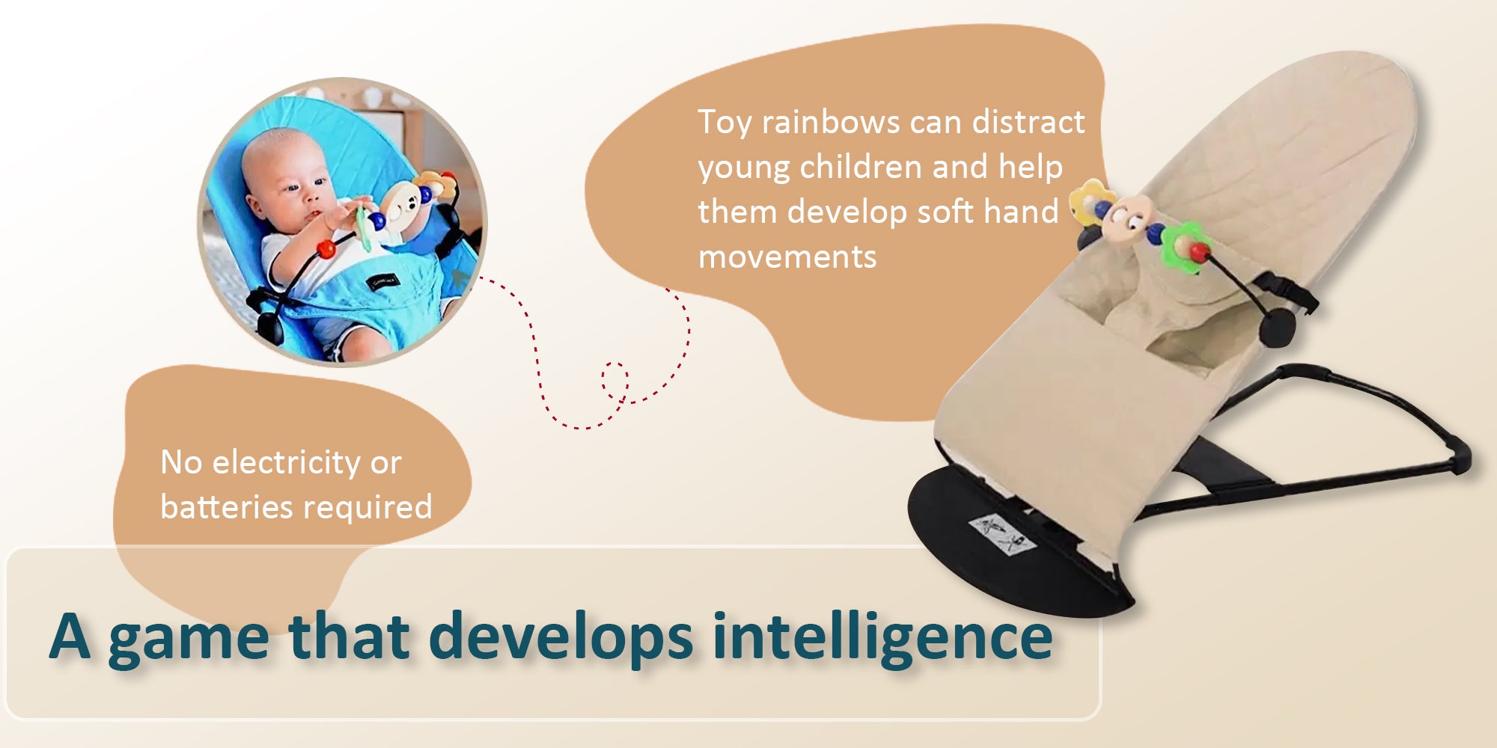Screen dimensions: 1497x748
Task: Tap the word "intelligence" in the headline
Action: click(x=882, y=637)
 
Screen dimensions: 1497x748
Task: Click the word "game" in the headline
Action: click(x=189, y=640)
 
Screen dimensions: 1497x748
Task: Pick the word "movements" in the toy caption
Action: click(x=787, y=257)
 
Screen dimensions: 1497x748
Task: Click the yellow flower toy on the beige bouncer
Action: click(x=1086, y=200)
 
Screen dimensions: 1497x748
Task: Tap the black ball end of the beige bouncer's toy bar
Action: click(x=1276, y=328)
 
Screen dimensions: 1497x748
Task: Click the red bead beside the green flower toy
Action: click(x=1199, y=252)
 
